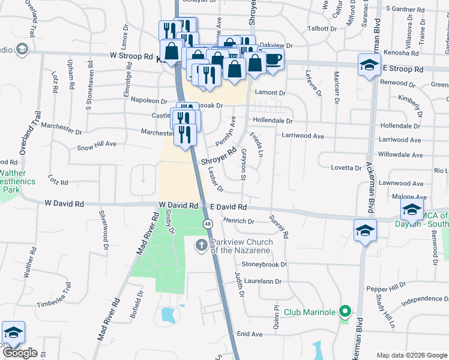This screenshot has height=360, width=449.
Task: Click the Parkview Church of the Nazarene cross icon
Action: coord(201,245)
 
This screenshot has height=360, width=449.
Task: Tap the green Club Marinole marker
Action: coord(345,312)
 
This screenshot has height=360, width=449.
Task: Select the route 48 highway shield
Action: coord(208,224)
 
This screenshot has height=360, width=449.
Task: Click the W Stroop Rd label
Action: coord(131,56)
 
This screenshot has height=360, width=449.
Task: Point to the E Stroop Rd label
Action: coord(403,69)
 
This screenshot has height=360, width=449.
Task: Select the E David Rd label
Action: coord(229,206)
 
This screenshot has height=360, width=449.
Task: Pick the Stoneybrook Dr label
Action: coord(264,264)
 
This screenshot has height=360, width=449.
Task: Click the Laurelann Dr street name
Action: coord(262,281)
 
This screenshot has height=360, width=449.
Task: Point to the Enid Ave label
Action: coord(250,334)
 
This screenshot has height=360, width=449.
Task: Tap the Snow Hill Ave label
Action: coord(97,145)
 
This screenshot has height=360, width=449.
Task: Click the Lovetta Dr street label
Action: coord(346,168)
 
